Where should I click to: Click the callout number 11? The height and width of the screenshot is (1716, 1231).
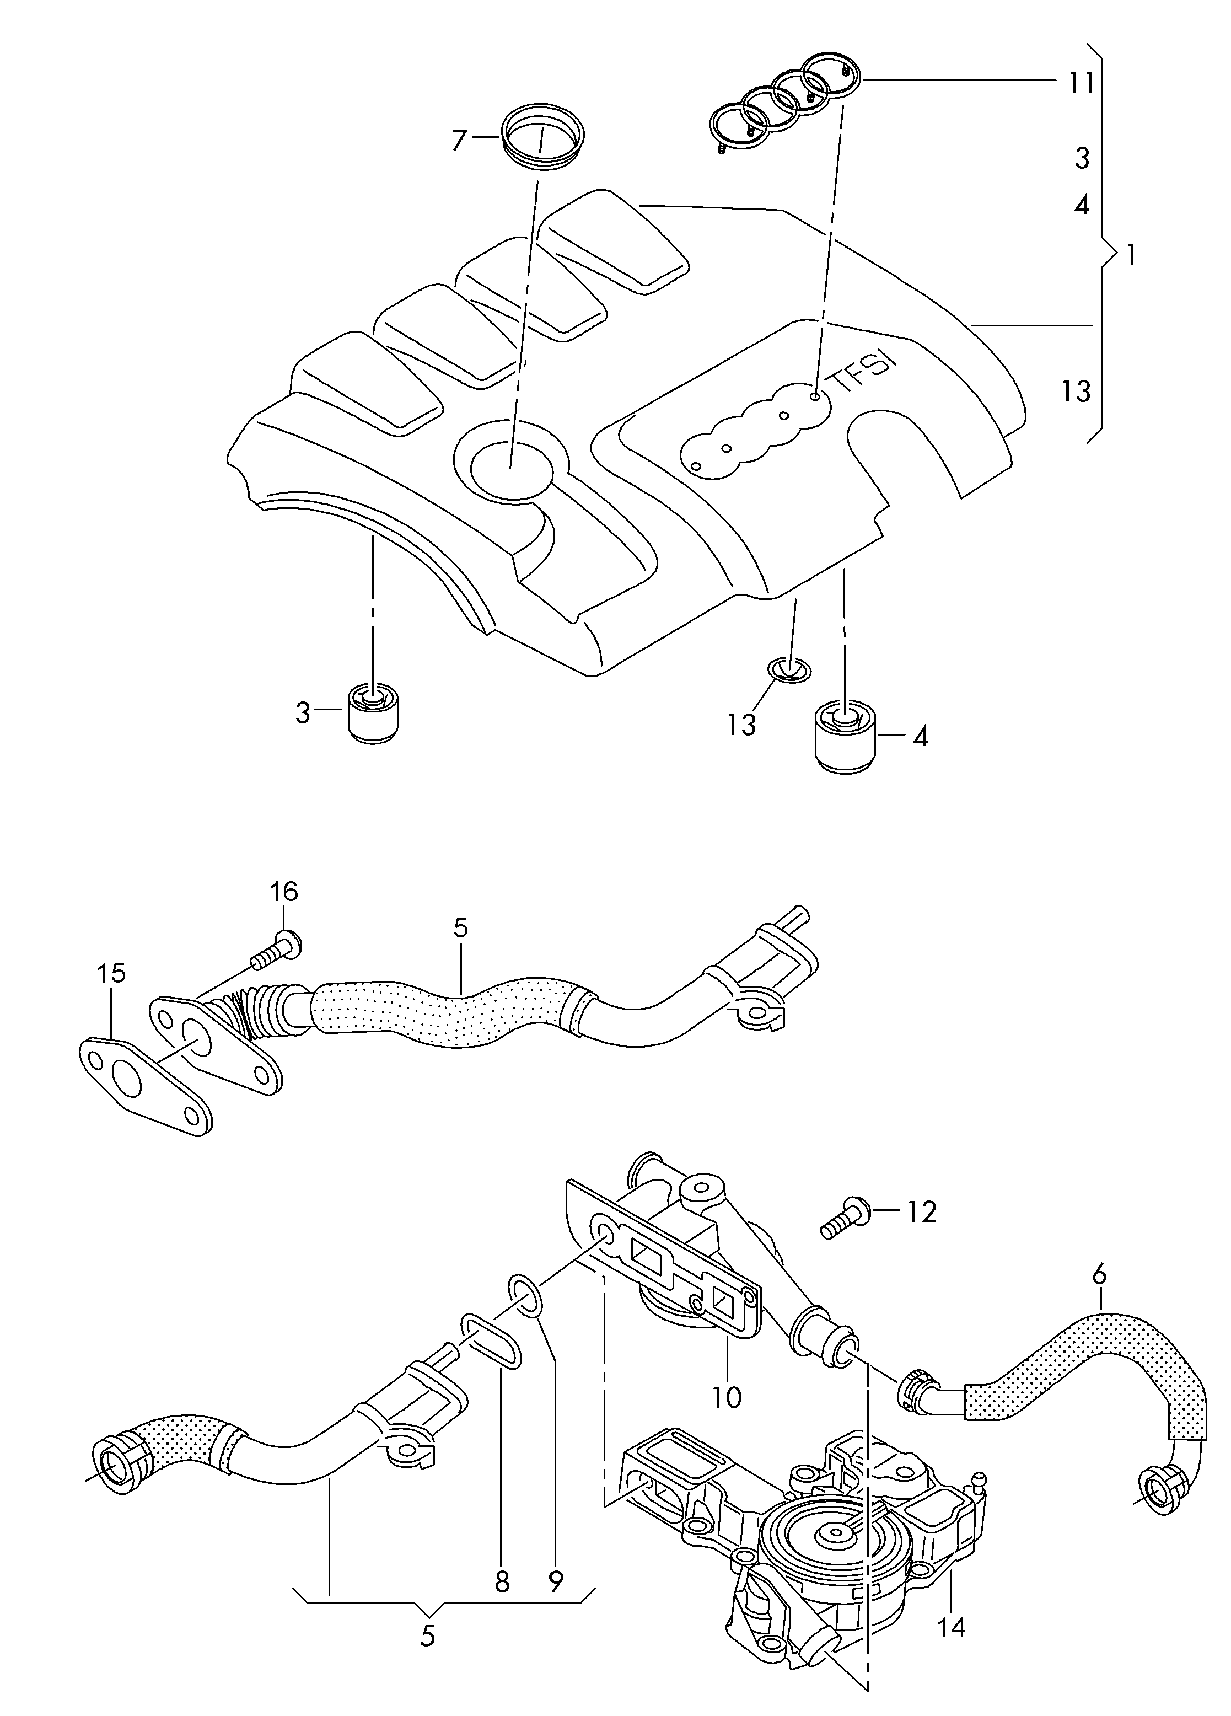coord(1081,83)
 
